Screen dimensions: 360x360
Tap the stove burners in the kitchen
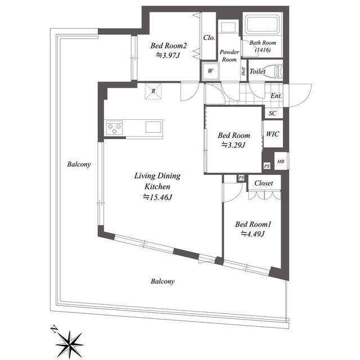116,128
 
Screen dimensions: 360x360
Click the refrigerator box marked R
154,91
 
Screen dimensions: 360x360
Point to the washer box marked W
210,71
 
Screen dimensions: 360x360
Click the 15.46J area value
157,197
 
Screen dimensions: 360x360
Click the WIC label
273,134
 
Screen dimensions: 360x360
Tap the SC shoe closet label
272,113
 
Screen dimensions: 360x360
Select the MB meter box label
281,162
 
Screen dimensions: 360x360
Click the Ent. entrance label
276,96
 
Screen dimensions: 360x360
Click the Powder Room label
229,55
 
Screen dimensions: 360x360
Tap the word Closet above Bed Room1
263,183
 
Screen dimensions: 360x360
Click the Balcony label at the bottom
162,281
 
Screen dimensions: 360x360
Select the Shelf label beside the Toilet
243,71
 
